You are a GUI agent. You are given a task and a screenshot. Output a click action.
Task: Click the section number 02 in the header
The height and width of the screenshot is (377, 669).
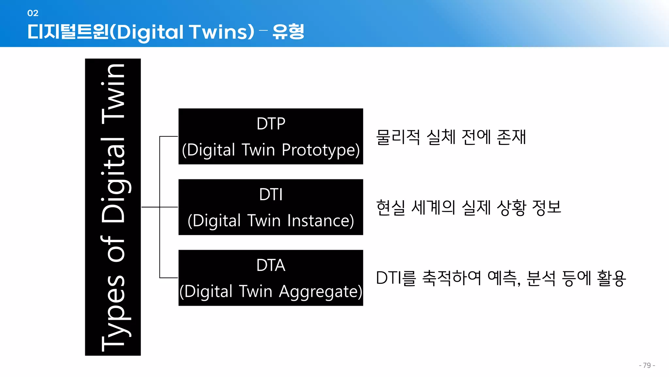[33, 13]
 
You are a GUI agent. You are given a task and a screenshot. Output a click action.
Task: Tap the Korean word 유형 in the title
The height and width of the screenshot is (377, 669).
[288, 32]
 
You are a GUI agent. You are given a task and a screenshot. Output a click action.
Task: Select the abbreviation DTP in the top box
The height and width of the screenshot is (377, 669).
[271, 124]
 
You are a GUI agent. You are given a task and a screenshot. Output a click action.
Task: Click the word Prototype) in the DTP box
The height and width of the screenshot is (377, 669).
[320, 150]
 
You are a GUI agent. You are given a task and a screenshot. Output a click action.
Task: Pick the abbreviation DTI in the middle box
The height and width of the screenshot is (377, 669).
[271, 194]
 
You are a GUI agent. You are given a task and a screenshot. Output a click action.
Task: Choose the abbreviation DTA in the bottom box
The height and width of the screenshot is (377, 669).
[271, 265]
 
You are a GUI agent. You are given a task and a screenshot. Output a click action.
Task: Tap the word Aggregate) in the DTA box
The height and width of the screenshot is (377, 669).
[320, 291]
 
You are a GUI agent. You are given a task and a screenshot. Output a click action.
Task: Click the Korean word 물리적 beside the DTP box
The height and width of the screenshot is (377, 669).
[398, 137]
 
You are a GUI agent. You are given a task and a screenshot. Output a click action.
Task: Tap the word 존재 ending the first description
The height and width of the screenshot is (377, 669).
[511, 137]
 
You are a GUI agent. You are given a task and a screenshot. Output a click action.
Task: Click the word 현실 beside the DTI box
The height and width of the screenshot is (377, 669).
[390, 207]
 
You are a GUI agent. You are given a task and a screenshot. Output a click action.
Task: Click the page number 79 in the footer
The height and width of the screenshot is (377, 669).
[647, 365]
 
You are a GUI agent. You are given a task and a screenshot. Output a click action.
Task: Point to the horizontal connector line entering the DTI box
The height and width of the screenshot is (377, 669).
[169, 207]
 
